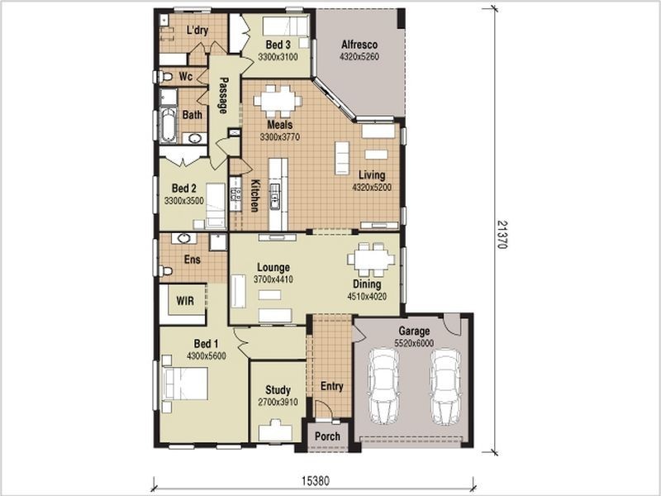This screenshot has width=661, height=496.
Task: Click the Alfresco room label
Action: coord(359,45)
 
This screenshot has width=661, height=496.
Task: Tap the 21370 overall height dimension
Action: coord(502,235)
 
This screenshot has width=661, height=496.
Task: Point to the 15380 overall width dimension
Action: coord(316,480)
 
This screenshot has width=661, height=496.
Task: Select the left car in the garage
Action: coord(383,386)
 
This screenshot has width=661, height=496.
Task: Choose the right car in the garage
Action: coord(445,386)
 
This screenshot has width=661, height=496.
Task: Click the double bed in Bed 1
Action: coord(185,383)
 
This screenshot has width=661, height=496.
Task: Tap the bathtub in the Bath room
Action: coord(169,126)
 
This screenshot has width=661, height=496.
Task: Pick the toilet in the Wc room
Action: coord(164,77)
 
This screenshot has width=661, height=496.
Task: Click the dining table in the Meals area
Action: coord(278,102)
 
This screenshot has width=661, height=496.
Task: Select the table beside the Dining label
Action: coord(371,260)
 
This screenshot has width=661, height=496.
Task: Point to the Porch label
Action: coord(327,436)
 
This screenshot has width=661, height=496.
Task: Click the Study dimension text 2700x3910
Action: coord(278,402)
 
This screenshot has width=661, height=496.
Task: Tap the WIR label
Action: coord(185,301)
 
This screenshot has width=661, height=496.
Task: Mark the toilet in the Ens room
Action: coord(165,270)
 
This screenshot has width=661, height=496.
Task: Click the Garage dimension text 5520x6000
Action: coord(414,343)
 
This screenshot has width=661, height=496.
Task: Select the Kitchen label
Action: coord(255,195)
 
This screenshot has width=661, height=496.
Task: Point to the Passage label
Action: coord(223,95)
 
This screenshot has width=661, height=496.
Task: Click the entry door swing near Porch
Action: coord(324,408)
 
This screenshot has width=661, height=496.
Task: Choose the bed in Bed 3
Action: coord(286,26)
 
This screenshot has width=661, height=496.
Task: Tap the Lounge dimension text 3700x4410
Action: coord(273,279)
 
